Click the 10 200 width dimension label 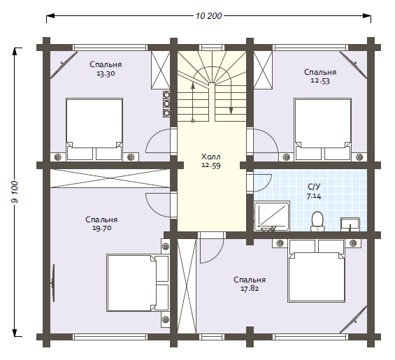click(208, 16)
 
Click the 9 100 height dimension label click(15, 192)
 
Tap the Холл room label click(211, 157)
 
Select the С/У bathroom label click(314, 187)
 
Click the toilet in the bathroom click(317, 221)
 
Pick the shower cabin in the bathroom click(272, 216)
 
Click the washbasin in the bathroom click(350, 224)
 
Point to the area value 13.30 click(106, 73)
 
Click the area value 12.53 click(320, 81)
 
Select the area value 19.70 click(102, 228)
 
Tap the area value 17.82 click(250, 289)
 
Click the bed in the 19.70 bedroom click(138, 282)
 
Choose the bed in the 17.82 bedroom click(317, 271)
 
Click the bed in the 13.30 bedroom click(94, 129)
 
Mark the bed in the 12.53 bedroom click(323, 129)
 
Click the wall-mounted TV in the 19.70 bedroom click(53, 282)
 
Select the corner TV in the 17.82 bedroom click(352, 319)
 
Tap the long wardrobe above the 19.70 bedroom click(110, 178)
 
